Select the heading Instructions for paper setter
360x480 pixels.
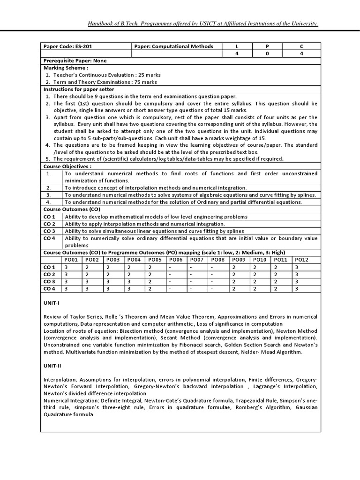point(79,89)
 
